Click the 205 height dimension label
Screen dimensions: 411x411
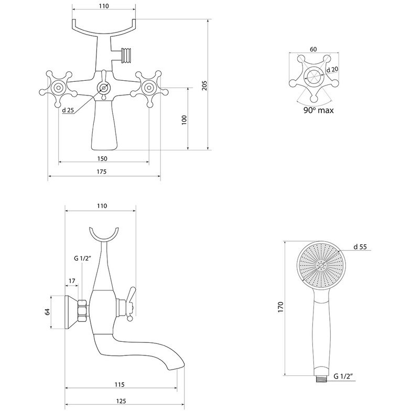pos(204,86)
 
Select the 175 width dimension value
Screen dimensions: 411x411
pos(102,172)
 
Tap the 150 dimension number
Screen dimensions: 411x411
pos(102,158)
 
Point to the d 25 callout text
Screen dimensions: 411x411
pos(68,110)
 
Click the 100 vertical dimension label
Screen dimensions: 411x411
pos(185,120)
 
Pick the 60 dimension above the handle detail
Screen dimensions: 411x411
pos(313,49)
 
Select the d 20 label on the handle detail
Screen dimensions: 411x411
pos(332,69)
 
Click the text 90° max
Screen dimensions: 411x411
pos(319,110)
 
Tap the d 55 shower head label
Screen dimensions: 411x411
pos(360,246)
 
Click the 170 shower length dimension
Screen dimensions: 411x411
pos(280,307)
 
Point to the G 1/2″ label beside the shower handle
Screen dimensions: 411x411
pos(343,376)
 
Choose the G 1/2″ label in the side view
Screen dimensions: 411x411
pos(82,258)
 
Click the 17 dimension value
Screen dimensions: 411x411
pos(72,281)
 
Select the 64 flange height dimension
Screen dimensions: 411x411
pos(47,312)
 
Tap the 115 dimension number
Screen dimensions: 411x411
pos(120,385)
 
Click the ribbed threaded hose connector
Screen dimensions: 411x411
pos(126,56)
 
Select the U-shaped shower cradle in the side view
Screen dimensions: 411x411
pos(104,235)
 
